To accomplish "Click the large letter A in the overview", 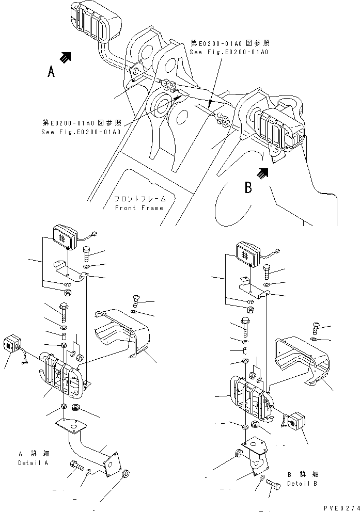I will (51, 72).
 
